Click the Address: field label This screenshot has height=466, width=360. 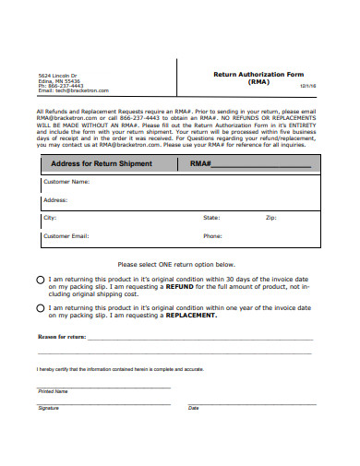coord(55,199)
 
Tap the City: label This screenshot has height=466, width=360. coord(50,218)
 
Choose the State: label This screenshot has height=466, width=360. coord(211,218)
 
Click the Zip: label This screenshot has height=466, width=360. coord(270,218)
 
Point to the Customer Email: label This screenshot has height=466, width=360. coord(66,236)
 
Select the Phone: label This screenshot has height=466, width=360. coord(212,236)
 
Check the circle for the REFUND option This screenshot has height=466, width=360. coord(40,279)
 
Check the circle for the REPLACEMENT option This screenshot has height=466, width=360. coord(40,308)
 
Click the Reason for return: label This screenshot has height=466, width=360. coord(61,337)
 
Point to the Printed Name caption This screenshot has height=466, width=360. coord(53,391)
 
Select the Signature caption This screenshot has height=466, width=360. coord(48,407)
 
